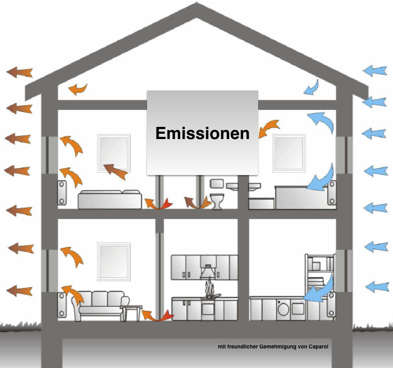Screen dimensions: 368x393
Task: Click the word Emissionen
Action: pos(203,133)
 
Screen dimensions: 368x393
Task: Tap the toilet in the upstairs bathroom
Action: pos(216,200)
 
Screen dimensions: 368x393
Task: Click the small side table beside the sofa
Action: pos(131,312)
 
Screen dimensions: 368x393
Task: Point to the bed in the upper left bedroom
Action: pos(109,199)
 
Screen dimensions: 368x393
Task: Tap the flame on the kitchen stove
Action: pos(209,290)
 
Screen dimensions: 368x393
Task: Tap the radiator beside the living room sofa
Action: pos(61,304)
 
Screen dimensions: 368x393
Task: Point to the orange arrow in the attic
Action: pos(78,88)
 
